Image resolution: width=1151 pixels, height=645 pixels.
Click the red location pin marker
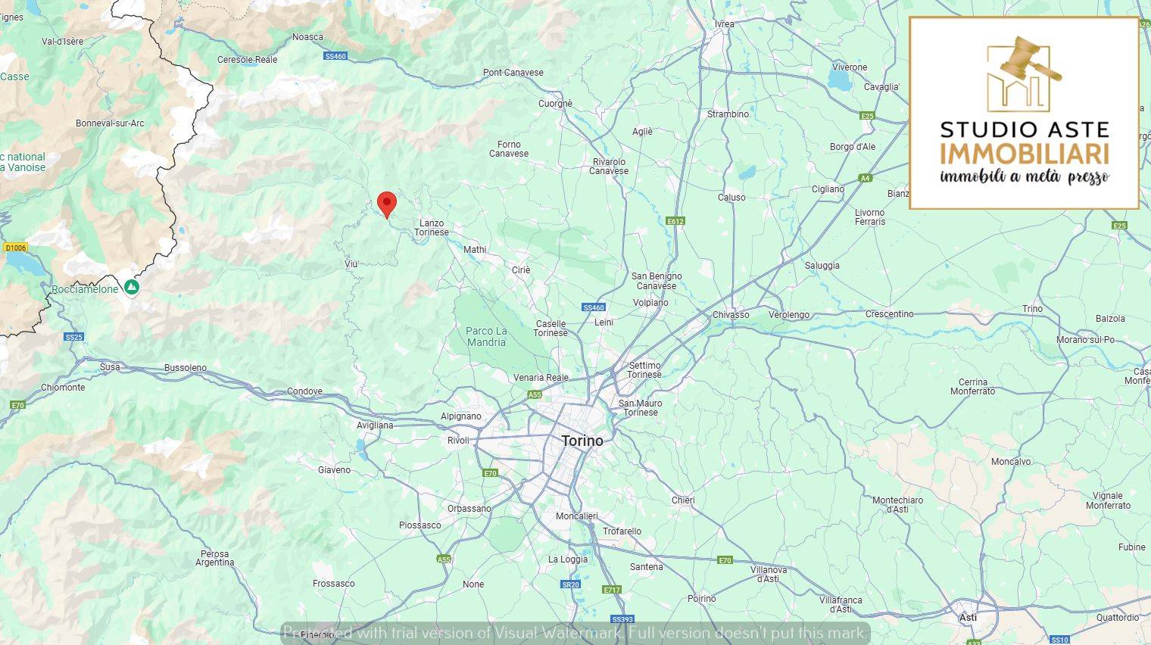click(x=387, y=204)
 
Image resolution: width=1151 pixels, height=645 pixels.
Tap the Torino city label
click(x=582, y=441)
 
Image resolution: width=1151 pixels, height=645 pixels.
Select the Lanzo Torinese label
click(x=432, y=227)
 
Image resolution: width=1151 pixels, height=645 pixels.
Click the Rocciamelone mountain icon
click(x=132, y=288)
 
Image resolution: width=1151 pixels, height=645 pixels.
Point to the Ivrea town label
click(x=724, y=24)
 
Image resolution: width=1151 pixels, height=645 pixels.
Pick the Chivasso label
click(x=731, y=315)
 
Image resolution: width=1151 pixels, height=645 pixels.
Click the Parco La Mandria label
click(x=486, y=336)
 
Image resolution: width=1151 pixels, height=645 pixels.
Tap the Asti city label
click(x=968, y=618)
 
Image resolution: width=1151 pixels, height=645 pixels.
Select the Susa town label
click(x=110, y=367)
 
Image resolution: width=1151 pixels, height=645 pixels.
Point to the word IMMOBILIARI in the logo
click(x=1024, y=154)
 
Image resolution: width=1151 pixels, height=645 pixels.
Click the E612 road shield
click(x=675, y=221)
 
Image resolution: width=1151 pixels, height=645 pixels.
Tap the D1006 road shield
click(x=15, y=248)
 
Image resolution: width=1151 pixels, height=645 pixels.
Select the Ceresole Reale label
click(x=247, y=60)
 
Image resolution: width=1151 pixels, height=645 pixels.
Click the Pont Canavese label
click(x=513, y=73)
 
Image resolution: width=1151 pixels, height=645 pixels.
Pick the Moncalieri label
click(x=576, y=516)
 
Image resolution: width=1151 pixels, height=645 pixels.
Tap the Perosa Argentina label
click(x=215, y=558)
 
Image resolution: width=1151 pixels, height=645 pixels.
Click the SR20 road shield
click(x=570, y=584)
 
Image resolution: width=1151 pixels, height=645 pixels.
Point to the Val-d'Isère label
click(x=63, y=42)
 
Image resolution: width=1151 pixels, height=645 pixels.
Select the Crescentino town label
click(x=889, y=314)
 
